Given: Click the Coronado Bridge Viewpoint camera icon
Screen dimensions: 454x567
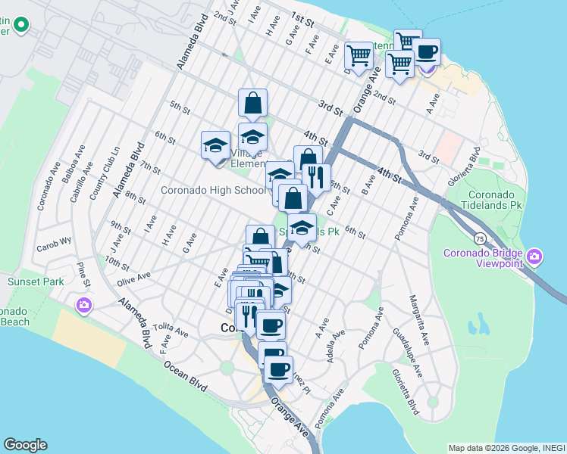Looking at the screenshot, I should tap(535, 257).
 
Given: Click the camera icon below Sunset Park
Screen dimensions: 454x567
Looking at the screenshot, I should tap(83, 306).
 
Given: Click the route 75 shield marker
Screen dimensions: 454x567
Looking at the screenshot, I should tap(480, 238).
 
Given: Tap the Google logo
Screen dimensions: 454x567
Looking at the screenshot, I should tap(25, 445).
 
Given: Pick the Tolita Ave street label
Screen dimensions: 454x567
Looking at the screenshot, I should tap(171, 330).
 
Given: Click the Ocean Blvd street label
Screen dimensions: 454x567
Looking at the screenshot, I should tap(185, 375).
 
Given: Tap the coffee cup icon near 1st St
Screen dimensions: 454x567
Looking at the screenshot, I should tap(427, 51).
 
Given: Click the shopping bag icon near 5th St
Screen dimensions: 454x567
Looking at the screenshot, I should tap(252, 102).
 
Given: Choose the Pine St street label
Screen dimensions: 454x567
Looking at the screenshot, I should tap(83, 274).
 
